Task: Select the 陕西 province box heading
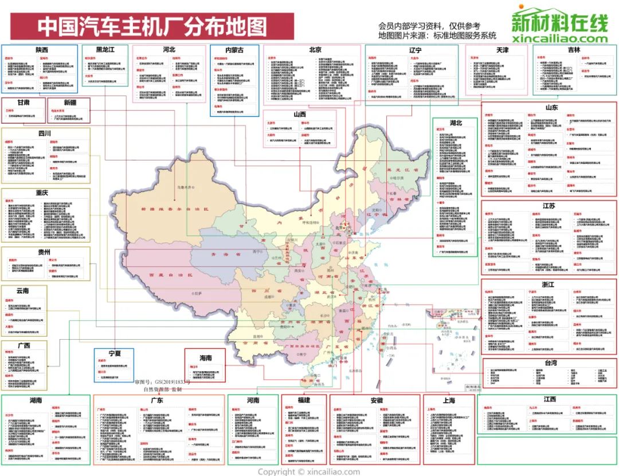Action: coord(41,50)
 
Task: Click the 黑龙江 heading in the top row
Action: coord(105,50)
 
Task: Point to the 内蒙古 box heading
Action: coord(234,50)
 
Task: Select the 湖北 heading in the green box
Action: coord(456,123)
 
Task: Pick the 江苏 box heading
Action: coord(549,206)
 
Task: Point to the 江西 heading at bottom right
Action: coord(549,399)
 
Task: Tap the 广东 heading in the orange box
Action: coord(156,400)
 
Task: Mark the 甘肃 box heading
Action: coord(23,103)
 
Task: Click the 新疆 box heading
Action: coord(69,103)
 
